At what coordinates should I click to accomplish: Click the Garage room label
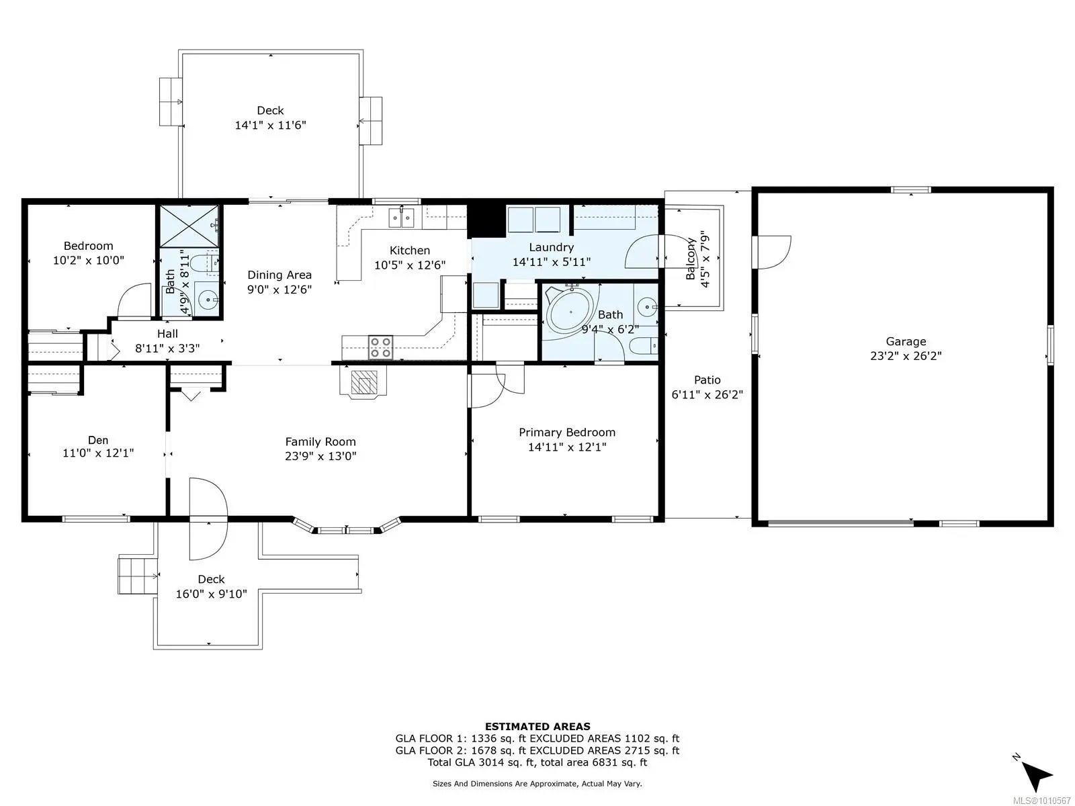click(x=906, y=341)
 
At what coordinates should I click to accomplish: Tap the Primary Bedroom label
click(x=566, y=432)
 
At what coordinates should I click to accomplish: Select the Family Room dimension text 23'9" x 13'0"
click(x=320, y=456)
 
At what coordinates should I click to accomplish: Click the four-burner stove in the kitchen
click(x=380, y=347)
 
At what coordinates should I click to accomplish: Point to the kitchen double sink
click(x=402, y=218)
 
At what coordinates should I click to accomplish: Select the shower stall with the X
click(x=189, y=226)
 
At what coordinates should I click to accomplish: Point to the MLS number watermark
click(x=1041, y=801)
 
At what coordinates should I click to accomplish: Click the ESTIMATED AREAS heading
click(x=537, y=727)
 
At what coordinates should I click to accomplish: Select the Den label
click(x=98, y=440)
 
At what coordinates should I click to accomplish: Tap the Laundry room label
click(x=551, y=247)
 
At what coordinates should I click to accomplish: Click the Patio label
click(x=707, y=379)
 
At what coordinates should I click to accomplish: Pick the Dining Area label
click(x=279, y=275)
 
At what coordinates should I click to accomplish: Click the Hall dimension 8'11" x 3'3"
click(x=167, y=349)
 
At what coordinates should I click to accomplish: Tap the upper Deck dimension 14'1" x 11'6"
click(x=270, y=126)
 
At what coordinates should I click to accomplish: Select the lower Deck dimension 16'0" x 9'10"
click(x=211, y=594)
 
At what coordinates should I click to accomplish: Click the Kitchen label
click(x=409, y=251)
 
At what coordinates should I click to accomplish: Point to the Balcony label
click(x=691, y=259)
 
